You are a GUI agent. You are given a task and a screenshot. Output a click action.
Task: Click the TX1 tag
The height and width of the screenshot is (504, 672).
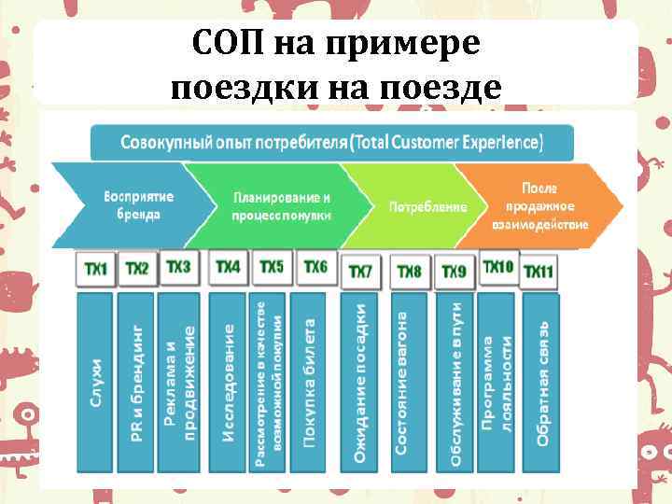[95, 270]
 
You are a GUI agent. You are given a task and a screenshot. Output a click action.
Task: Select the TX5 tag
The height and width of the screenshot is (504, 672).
[271, 268]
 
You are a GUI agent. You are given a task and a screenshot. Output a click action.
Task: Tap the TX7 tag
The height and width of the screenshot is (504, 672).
[359, 272]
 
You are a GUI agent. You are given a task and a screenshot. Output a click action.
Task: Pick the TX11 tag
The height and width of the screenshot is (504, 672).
[538, 272]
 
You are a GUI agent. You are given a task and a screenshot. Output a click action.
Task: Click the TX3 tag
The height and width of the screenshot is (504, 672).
[178, 268]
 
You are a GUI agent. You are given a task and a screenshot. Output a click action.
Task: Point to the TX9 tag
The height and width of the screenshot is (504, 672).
[454, 272]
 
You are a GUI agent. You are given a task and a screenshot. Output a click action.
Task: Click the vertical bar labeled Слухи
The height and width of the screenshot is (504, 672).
[95, 383]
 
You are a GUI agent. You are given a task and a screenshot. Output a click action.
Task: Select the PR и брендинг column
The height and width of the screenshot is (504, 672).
[136, 383]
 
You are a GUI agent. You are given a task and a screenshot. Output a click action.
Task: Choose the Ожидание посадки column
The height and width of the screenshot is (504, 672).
[359, 383]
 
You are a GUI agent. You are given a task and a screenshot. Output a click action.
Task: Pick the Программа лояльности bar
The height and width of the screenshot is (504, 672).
[497, 383]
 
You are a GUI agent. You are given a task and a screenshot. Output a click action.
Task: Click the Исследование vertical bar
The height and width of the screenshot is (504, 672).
[229, 383]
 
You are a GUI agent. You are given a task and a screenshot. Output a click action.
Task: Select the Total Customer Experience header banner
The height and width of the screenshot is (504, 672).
[331, 143]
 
